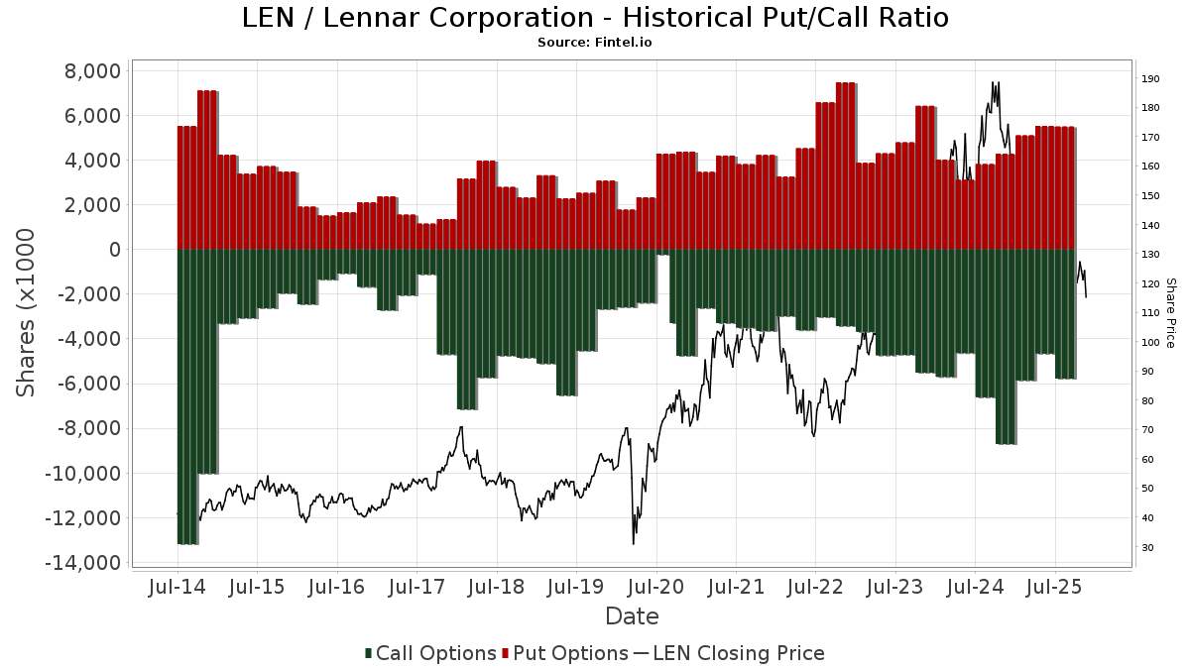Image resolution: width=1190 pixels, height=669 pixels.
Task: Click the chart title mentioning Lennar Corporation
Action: tap(595, 18)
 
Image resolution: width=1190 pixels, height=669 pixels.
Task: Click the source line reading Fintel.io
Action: tap(595, 43)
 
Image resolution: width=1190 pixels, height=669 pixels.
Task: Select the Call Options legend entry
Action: tap(430, 653)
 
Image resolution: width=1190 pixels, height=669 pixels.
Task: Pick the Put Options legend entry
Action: tap(566, 653)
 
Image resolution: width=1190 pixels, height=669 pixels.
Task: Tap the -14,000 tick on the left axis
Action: tap(84, 563)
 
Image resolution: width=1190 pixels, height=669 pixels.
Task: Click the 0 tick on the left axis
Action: tap(114, 250)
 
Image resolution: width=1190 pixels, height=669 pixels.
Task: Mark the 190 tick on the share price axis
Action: tap(1150, 79)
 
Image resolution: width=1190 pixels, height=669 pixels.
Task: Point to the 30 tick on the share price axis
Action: tap(1147, 547)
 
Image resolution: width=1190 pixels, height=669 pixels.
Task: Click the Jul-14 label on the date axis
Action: tap(177, 587)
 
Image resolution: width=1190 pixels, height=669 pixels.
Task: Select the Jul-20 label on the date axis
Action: tap(655, 587)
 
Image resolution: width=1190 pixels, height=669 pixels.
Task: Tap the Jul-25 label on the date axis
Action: tap(1054, 587)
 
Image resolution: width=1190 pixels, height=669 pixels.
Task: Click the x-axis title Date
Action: tap(632, 616)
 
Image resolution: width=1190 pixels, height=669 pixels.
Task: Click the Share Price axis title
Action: tap(1170, 312)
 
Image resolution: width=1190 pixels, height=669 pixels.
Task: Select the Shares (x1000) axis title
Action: tap(27, 312)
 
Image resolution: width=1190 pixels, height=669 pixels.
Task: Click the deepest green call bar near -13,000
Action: tap(187, 396)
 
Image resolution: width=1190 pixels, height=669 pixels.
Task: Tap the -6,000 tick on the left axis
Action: tap(87, 384)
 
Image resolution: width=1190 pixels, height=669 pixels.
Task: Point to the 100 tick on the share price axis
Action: tap(1150, 343)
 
